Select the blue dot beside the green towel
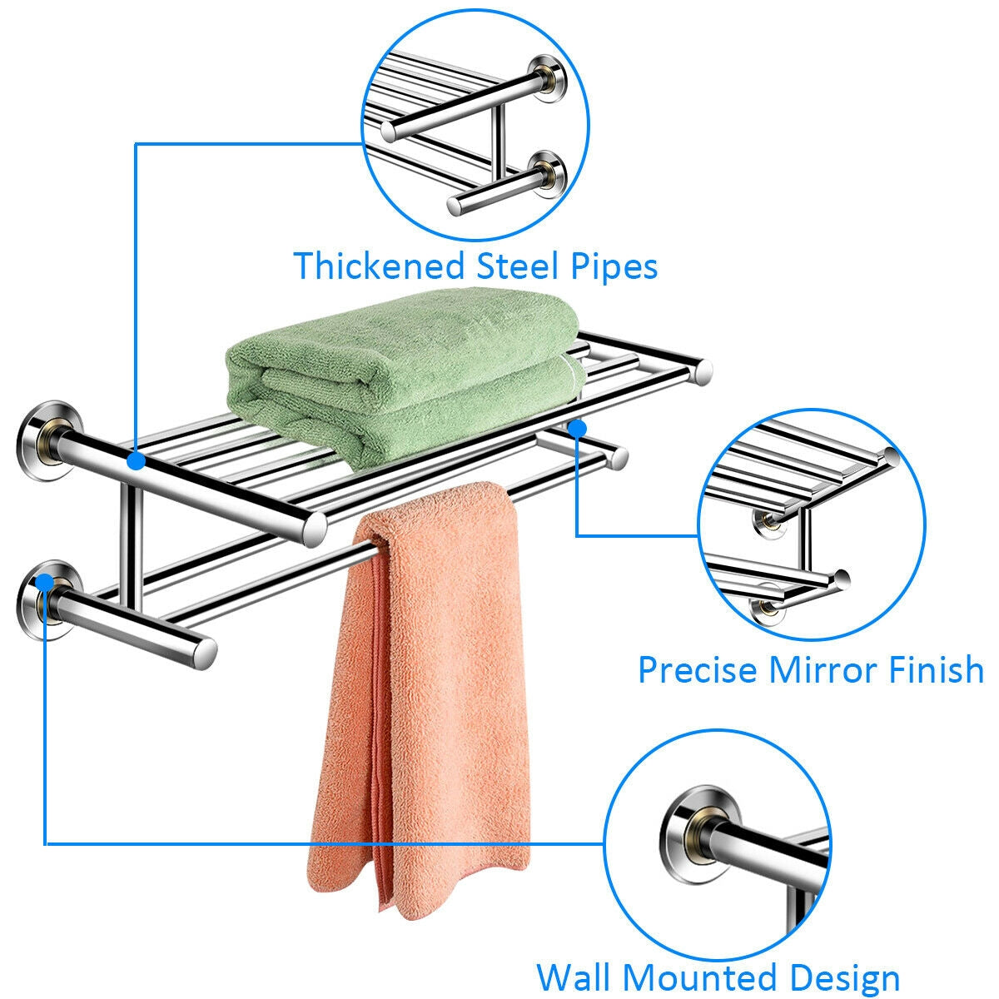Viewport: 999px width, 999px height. [578, 426]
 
